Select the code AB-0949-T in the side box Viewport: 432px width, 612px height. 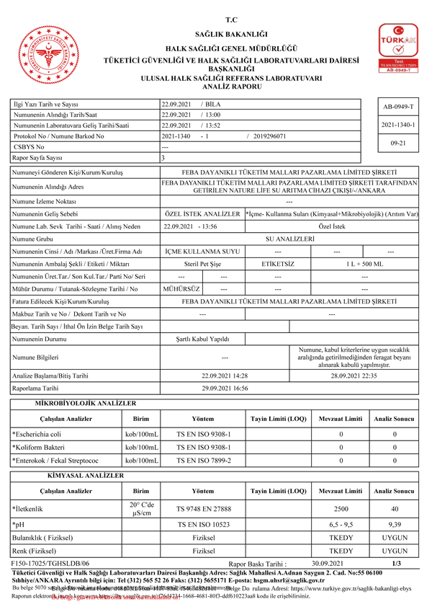(x=398, y=106)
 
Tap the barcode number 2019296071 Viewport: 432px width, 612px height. (x=270, y=136)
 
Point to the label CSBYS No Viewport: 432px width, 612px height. (x=30, y=146)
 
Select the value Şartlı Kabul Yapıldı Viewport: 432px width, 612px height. (x=203, y=337)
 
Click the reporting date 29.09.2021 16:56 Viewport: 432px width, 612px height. (x=225, y=388)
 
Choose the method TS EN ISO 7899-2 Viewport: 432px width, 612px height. (x=204, y=460)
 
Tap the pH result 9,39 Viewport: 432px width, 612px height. (x=395, y=524)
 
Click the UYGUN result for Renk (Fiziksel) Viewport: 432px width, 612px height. (x=395, y=551)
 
